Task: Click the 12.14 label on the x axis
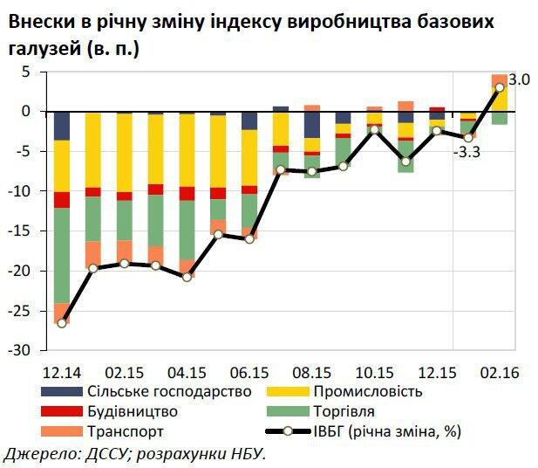pos(61,372)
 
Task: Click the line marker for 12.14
pos(61,323)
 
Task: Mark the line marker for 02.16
pos(500,87)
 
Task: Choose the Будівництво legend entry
pos(132,411)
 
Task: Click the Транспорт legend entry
pos(123,431)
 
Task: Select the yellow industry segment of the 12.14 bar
pos(61,166)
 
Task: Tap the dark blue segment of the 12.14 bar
pos(61,126)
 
